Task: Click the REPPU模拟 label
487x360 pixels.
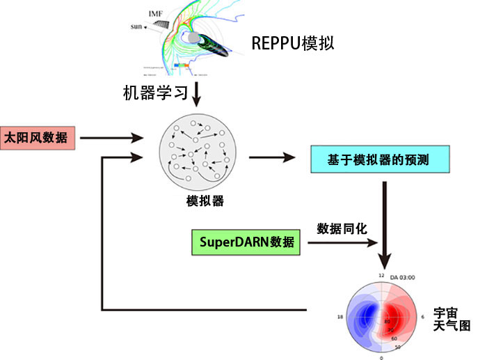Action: (x=293, y=44)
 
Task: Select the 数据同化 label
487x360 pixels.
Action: (x=341, y=228)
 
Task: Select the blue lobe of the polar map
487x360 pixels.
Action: (x=364, y=311)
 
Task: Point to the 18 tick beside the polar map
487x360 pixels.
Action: (x=340, y=318)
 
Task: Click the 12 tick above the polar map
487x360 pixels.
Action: (x=381, y=276)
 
